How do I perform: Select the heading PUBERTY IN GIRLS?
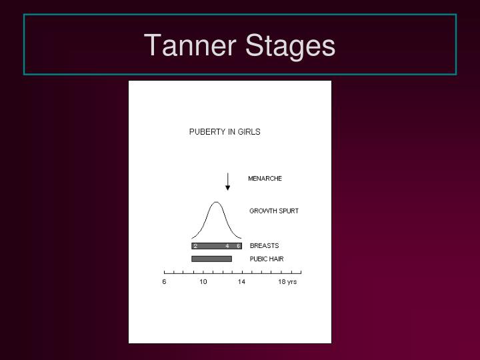pos(225,132)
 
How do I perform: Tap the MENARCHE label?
pos(265,179)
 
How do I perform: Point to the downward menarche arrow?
pos(228,181)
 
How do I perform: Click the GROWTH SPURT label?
pos(274,211)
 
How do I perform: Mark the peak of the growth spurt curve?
pos(216,202)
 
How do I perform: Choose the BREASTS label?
pos(264,246)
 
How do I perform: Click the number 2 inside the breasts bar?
pos(195,246)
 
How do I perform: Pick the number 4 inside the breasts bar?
pos(227,246)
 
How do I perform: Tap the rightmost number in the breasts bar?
pos(238,246)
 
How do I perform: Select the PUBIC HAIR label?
pos(267,259)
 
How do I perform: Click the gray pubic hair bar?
pos(211,259)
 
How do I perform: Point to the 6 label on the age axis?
pos(164,282)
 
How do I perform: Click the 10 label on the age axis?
pos(203,282)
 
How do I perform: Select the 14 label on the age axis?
pos(241,282)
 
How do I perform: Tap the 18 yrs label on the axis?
pos(287,282)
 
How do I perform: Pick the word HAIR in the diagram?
pos(276,259)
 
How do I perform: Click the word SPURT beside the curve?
pos(287,211)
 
